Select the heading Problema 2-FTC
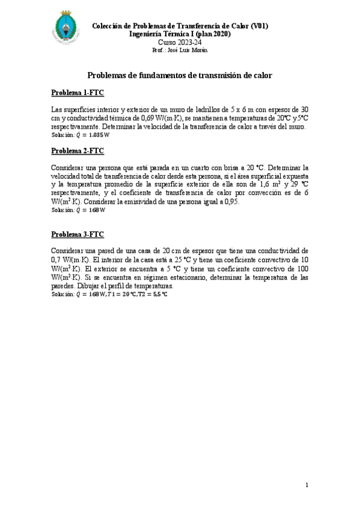(x=78, y=150)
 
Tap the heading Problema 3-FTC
(x=78, y=233)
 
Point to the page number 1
(x=307, y=485)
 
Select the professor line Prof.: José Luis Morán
(x=180, y=51)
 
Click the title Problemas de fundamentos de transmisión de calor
(x=180, y=76)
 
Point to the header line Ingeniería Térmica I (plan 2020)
(x=180, y=34)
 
